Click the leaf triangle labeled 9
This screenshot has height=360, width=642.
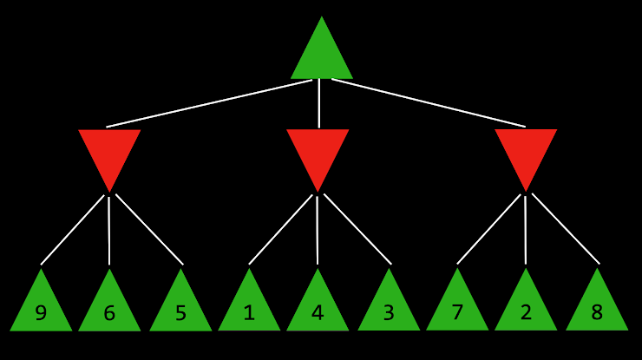point(41,309)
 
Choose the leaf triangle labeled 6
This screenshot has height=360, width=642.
point(109,309)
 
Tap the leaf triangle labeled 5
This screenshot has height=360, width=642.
point(180,309)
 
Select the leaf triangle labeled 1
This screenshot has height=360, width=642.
point(249,309)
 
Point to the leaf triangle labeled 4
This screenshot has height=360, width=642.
point(318,309)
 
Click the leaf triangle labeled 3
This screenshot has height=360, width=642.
point(389,309)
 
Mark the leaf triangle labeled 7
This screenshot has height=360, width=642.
point(457,309)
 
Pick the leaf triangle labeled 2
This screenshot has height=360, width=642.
point(526,309)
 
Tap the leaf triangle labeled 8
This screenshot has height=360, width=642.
point(597,309)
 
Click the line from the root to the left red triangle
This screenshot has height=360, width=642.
point(209,103)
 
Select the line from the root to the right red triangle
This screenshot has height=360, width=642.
point(429,103)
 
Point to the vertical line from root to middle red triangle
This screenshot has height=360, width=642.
point(319,103)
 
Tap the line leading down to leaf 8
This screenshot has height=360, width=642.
point(566,229)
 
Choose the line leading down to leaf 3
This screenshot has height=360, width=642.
point(357,229)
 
